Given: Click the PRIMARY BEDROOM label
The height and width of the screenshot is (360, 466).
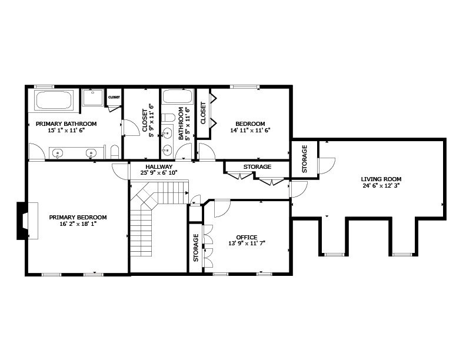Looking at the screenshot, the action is click(78, 218).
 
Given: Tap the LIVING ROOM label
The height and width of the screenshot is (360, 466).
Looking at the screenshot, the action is click(381, 179).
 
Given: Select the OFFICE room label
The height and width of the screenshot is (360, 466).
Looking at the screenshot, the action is click(247, 237).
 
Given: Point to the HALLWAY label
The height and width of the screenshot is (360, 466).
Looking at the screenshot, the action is click(159, 166).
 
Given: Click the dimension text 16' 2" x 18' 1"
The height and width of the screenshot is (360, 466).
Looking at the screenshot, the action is click(78, 224).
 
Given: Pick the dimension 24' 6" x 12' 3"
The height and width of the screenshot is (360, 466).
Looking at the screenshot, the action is click(381, 186).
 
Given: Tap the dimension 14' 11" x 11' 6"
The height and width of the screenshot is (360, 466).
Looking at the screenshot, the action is click(250, 130).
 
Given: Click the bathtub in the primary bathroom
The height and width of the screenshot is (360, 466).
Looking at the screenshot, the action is click(54, 100).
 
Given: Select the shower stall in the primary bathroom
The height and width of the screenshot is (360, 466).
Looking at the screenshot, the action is click(93, 97).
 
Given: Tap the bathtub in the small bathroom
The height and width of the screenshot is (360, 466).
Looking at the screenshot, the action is click(178, 96).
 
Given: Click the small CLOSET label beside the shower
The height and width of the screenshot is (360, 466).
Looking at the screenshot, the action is click(114, 97).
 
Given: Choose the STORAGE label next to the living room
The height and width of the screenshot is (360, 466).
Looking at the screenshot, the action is click(304, 159).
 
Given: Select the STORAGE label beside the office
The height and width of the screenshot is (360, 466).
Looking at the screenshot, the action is click(195, 248).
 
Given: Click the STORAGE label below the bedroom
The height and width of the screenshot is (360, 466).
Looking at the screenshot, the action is click(257, 166).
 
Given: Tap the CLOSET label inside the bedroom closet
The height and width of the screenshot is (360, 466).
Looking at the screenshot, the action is click(203, 113).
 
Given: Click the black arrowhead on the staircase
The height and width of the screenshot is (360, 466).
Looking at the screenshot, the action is click(187, 193).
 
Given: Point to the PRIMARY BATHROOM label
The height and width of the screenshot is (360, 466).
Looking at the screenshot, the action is click(66, 124).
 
